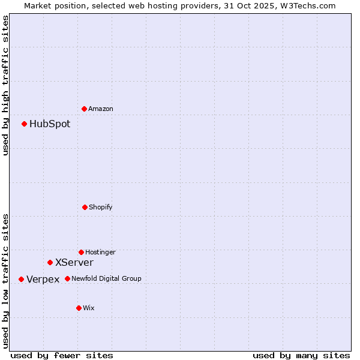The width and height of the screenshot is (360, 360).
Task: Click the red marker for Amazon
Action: pyautogui.click(x=85, y=109)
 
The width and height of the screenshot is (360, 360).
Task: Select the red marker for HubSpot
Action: pyautogui.click(x=25, y=124)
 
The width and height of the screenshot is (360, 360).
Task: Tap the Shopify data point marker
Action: pyautogui.click(x=85, y=207)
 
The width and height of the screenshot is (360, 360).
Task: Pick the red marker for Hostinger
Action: pyautogui.click(x=81, y=252)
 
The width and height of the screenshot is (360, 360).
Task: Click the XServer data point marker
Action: pyautogui.click(x=50, y=262)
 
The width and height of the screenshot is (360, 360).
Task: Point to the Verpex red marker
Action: pyautogui.click(x=21, y=279)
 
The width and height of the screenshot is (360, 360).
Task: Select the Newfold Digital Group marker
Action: pyautogui.click(x=67, y=278)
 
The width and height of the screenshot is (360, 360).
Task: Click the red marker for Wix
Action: pyautogui.click(x=79, y=308)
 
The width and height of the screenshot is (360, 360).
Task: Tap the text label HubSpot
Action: pyautogui.click(x=50, y=124)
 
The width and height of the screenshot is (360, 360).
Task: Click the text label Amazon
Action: pyautogui.click(x=101, y=109)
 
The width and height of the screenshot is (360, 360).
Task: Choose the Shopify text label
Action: pyautogui.click(x=101, y=207)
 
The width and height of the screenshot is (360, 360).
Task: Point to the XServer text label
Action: pyautogui.click(x=74, y=262)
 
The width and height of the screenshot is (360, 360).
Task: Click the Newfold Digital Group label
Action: pyautogui.click(x=106, y=278)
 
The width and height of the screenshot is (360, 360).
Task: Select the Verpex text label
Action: pyautogui.click(x=43, y=279)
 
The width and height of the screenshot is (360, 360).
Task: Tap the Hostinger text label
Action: pyautogui.click(x=100, y=252)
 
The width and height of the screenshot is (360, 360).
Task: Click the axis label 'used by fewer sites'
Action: pyautogui.click(x=62, y=355)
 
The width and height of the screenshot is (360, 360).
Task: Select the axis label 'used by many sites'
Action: pyautogui.click(x=301, y=355)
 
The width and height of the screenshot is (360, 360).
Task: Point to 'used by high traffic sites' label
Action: pyautogui.click(x=5, y=85)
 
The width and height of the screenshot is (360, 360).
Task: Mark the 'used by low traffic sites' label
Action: pyautogui.click(x=5, y=280)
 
